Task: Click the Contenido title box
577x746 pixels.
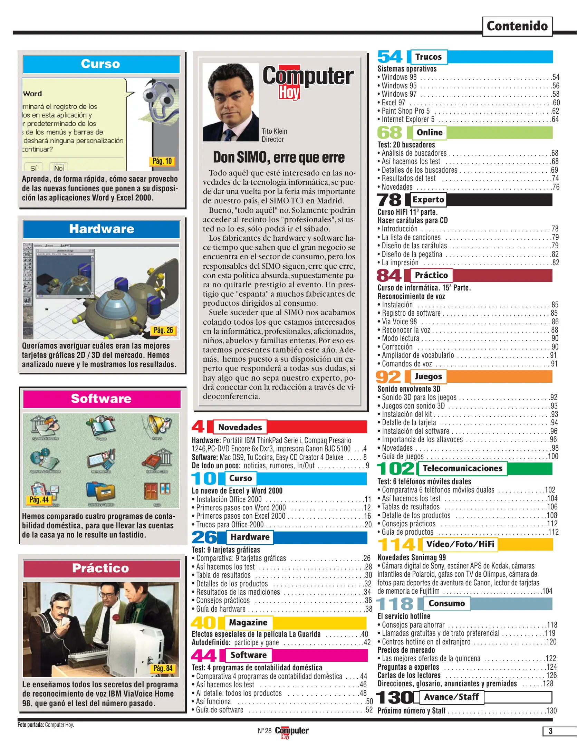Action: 517,26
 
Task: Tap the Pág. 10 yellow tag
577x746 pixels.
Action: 162,161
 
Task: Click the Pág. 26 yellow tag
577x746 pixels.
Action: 163,331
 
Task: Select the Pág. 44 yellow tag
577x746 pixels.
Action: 39,500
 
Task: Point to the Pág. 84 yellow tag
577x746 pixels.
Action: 163,668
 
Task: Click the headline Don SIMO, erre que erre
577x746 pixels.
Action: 278,157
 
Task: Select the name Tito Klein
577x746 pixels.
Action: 274,131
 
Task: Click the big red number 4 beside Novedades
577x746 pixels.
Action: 198,427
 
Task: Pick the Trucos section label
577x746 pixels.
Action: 428,57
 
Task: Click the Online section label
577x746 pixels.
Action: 429,133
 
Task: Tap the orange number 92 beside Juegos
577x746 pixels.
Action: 388,377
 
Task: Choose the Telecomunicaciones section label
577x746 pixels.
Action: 462,469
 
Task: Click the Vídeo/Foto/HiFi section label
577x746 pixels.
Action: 460,545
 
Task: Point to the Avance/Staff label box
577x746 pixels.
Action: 451,697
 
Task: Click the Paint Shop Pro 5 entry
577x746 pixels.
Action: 405,111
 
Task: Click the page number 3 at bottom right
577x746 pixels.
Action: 550,731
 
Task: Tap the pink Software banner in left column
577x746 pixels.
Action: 102,399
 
